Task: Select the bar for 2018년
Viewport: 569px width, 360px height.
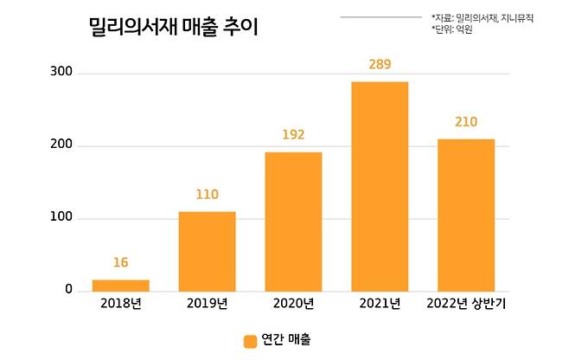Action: pyautogui.click(x=120, y=286)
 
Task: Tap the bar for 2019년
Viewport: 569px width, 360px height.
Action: pyautogui.click(x=207, y=251)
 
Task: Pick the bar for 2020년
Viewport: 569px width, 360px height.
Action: pyautogui.click(x=293, y=222)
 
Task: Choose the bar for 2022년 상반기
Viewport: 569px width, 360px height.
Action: pyautogui.click(x=466, y=215)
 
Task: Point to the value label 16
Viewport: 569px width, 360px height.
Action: pyautogui.click(x=120, y=262)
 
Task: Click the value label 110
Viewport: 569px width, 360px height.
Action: pyautogui.click(x=207, y=195)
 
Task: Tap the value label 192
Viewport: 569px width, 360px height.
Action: pyautogui.click(x=293, y=135)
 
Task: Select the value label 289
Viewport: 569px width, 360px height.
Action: pyautogui.click(x=380, y=65)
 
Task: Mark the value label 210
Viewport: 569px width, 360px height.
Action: pyautogui.click(x=466, y=122)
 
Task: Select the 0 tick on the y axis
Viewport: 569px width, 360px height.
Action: pyautogui.click(x=67, y=291)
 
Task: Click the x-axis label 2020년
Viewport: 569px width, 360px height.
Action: pyautogui.click(x=293, y=304)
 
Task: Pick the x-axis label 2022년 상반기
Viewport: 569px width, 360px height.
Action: pyautogui.click(x=466, y=304)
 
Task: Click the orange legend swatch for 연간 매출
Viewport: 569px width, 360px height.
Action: pyautogui.click(x=250, y=341)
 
